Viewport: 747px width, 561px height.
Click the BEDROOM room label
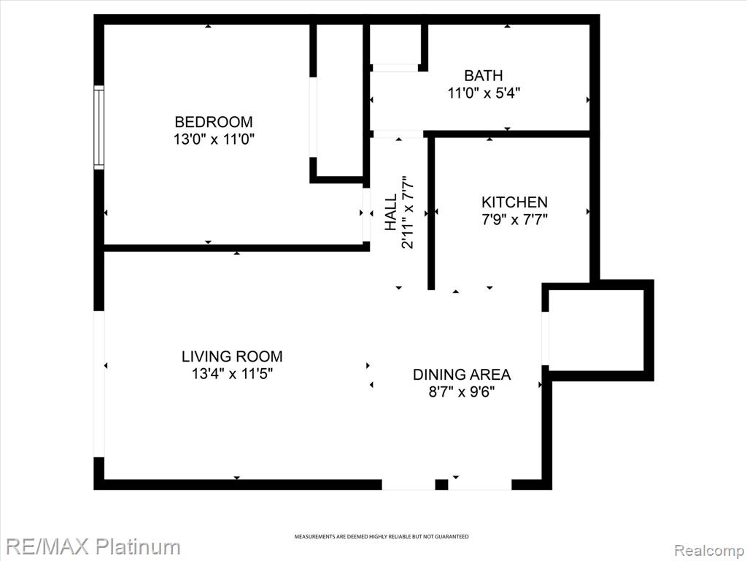pos(214,122)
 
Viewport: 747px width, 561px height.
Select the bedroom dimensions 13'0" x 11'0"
pos(214,140)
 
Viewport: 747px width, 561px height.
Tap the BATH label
pos(483,75)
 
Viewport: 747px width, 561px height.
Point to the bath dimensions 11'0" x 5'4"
pos(483,93)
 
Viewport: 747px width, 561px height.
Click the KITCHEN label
pos(514,202)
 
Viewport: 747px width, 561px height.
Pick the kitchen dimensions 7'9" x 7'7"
pos(514,220)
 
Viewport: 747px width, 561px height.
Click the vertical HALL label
pos(391,212)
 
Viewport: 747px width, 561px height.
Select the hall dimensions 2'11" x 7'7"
pos(408,212)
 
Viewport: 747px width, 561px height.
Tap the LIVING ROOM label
pos(232,356)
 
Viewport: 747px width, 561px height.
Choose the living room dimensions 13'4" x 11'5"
pos(232,373)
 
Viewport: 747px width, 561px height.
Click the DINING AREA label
pos(462,375)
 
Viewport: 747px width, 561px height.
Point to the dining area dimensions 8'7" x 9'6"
pos(462,392)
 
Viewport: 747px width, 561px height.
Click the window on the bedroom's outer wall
pos(98,127)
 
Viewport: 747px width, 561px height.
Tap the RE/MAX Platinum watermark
pos(90,546)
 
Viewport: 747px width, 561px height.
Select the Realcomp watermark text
pos(710,551)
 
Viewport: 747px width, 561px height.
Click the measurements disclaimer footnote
pos(381,537)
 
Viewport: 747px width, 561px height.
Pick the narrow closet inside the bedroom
pos(340,100)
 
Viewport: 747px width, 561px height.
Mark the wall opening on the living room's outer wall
pos(98,384)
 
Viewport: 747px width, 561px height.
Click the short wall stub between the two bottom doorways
pos(441,485)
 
